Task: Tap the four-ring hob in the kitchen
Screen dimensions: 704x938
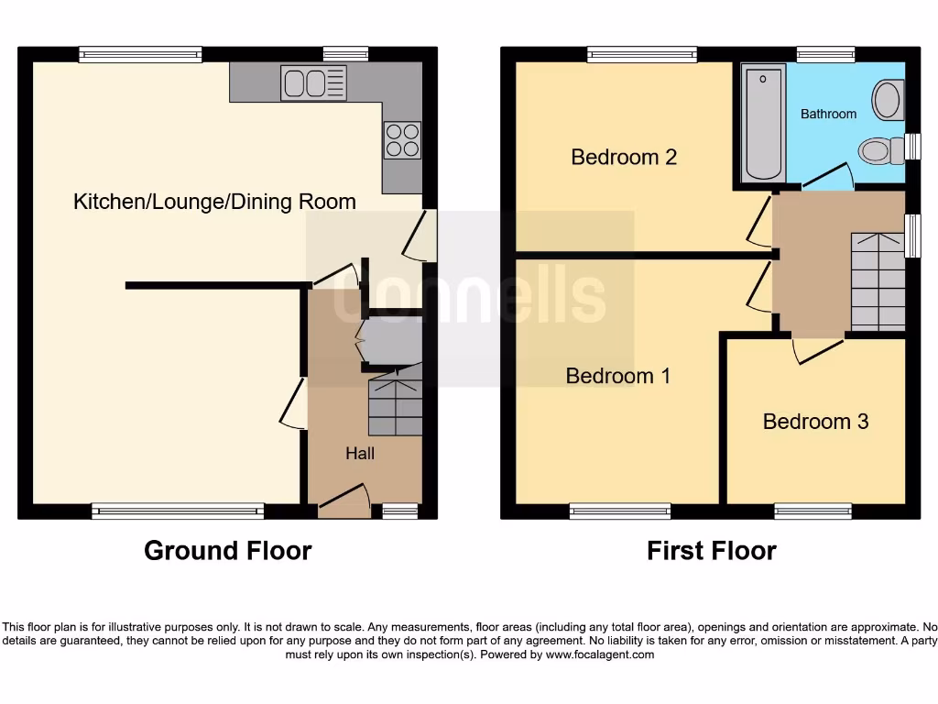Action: (x=402, y=140)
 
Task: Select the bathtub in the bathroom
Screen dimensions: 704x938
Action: (x=764, y=122)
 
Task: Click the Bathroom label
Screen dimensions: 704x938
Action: (x=828, y=115)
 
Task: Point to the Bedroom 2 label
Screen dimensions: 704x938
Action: (x=623, y=157)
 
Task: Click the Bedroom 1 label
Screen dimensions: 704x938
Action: (x=618, y=376)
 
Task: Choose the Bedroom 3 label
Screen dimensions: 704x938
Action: (x=815, y=422)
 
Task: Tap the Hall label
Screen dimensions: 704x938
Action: (x=360, y=453)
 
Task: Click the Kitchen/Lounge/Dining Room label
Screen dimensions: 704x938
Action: (x=214, y=202)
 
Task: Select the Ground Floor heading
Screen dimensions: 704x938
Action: (x=228, y=551)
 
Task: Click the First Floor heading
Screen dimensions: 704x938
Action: (x=712, y=551)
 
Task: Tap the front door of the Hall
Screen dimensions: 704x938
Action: (x=344, y=497)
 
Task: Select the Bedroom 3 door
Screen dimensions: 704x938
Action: (x=818, y=349)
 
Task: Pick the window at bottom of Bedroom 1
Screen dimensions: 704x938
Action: (x=619, y=511)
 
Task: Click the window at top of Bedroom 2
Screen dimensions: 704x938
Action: (x=641, y=55)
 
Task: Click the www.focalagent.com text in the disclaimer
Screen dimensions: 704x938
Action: (x=604, y=654)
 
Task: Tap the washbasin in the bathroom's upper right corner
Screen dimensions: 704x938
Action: (x=888, y=99)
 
